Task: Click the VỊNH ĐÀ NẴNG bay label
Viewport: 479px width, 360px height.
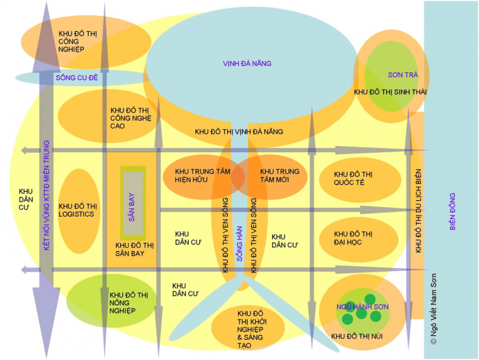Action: [248, 64]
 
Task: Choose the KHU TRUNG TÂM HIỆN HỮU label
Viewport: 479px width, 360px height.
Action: [198, 175]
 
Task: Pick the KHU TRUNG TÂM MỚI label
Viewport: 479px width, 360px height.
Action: [279, 175]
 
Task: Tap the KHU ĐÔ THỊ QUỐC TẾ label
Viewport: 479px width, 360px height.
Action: [353, 178]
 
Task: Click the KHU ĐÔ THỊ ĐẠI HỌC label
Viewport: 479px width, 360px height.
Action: [353, 238]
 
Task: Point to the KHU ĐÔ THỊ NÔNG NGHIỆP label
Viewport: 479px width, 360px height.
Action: [129, 302]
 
